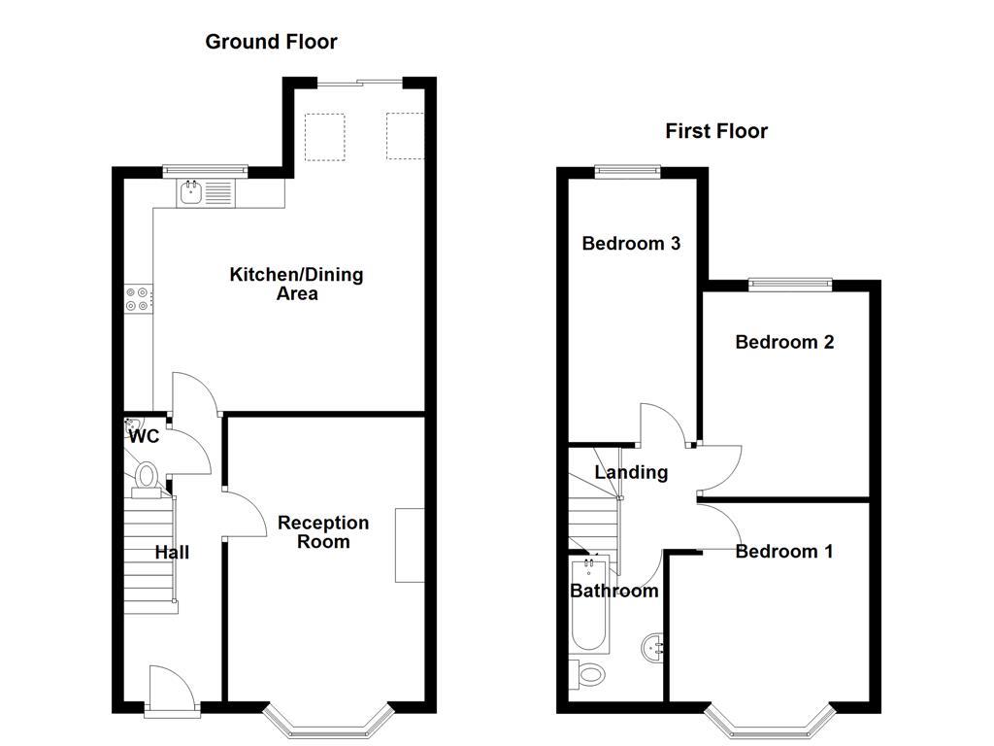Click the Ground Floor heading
coord(271,42)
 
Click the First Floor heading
coord(715,131)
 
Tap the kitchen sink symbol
coord(191,192)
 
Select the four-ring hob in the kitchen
coord(138,299)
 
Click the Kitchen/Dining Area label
coord(296,284)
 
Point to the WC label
coord(144,437)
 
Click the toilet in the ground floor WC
coord(147,476)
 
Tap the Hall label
coord(172,553)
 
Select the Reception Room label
coord(323,531)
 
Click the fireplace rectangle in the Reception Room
coord(410,545)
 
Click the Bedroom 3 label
coord(630,244)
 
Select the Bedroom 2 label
coord(784,342)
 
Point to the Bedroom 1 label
coord(783,552)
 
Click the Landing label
coord(631,473)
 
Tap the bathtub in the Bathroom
coord(589,607)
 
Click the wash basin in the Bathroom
coord(654,647)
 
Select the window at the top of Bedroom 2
coord(790,284)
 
